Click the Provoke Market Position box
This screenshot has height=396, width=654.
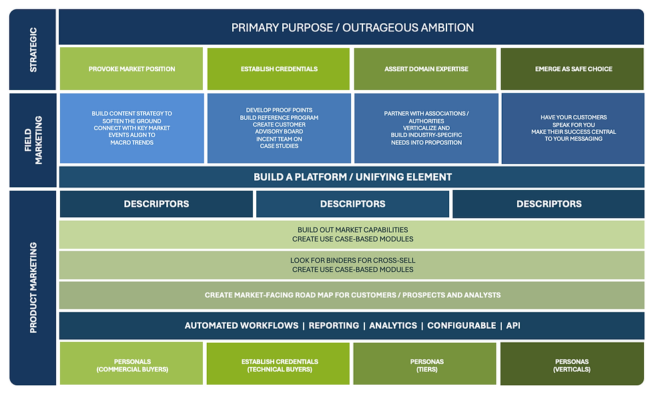coord(131,69)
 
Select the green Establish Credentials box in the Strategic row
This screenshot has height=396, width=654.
coord(279,69)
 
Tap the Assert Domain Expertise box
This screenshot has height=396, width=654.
coord(426,69)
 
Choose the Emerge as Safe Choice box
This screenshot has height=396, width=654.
coord(573,69)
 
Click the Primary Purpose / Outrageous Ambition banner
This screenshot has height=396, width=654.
coord(352,27)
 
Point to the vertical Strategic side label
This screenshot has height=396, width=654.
coord(33,49)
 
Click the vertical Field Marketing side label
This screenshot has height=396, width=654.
coord(33,140)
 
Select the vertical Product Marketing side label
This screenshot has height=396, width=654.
coord(33,287)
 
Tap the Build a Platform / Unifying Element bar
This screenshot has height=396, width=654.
coord(352,177)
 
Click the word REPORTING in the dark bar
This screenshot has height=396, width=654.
coord(334,325)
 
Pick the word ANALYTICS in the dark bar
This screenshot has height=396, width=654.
coord(393,325)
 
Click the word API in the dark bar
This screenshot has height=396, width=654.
coord(513,325)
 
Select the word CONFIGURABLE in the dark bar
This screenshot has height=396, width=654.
coord(462,325)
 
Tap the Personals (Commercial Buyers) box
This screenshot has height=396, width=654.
coord(131,363)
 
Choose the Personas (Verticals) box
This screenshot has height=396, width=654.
coord(573,363)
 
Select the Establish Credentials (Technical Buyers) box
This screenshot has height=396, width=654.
coord(278,363)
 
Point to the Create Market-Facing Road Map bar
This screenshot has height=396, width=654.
coord(352,295)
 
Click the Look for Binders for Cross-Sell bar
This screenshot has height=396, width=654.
coord(352,265)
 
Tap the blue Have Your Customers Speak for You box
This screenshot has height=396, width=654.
coord(573,128)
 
